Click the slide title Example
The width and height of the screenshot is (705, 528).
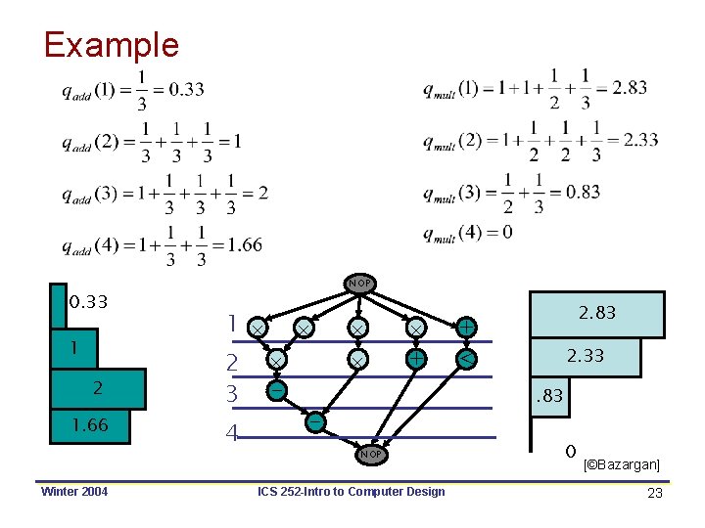pos(111,45)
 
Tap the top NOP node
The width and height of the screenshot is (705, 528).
pos(359,283)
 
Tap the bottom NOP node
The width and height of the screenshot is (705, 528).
pos(369,454)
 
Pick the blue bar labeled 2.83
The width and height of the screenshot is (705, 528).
pos(596,314)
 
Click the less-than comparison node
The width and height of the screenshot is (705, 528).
pos(468,360)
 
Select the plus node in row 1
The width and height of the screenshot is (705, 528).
pos(467,327)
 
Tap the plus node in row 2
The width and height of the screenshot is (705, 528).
pos(415,359)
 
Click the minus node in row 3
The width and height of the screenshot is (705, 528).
pos(277,390)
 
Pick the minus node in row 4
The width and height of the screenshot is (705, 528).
pos(314,422)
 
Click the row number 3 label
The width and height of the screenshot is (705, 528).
pos(232,395)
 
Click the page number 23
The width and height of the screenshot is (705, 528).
pos(655,494)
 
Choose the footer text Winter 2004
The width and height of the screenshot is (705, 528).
pos(74,491)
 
